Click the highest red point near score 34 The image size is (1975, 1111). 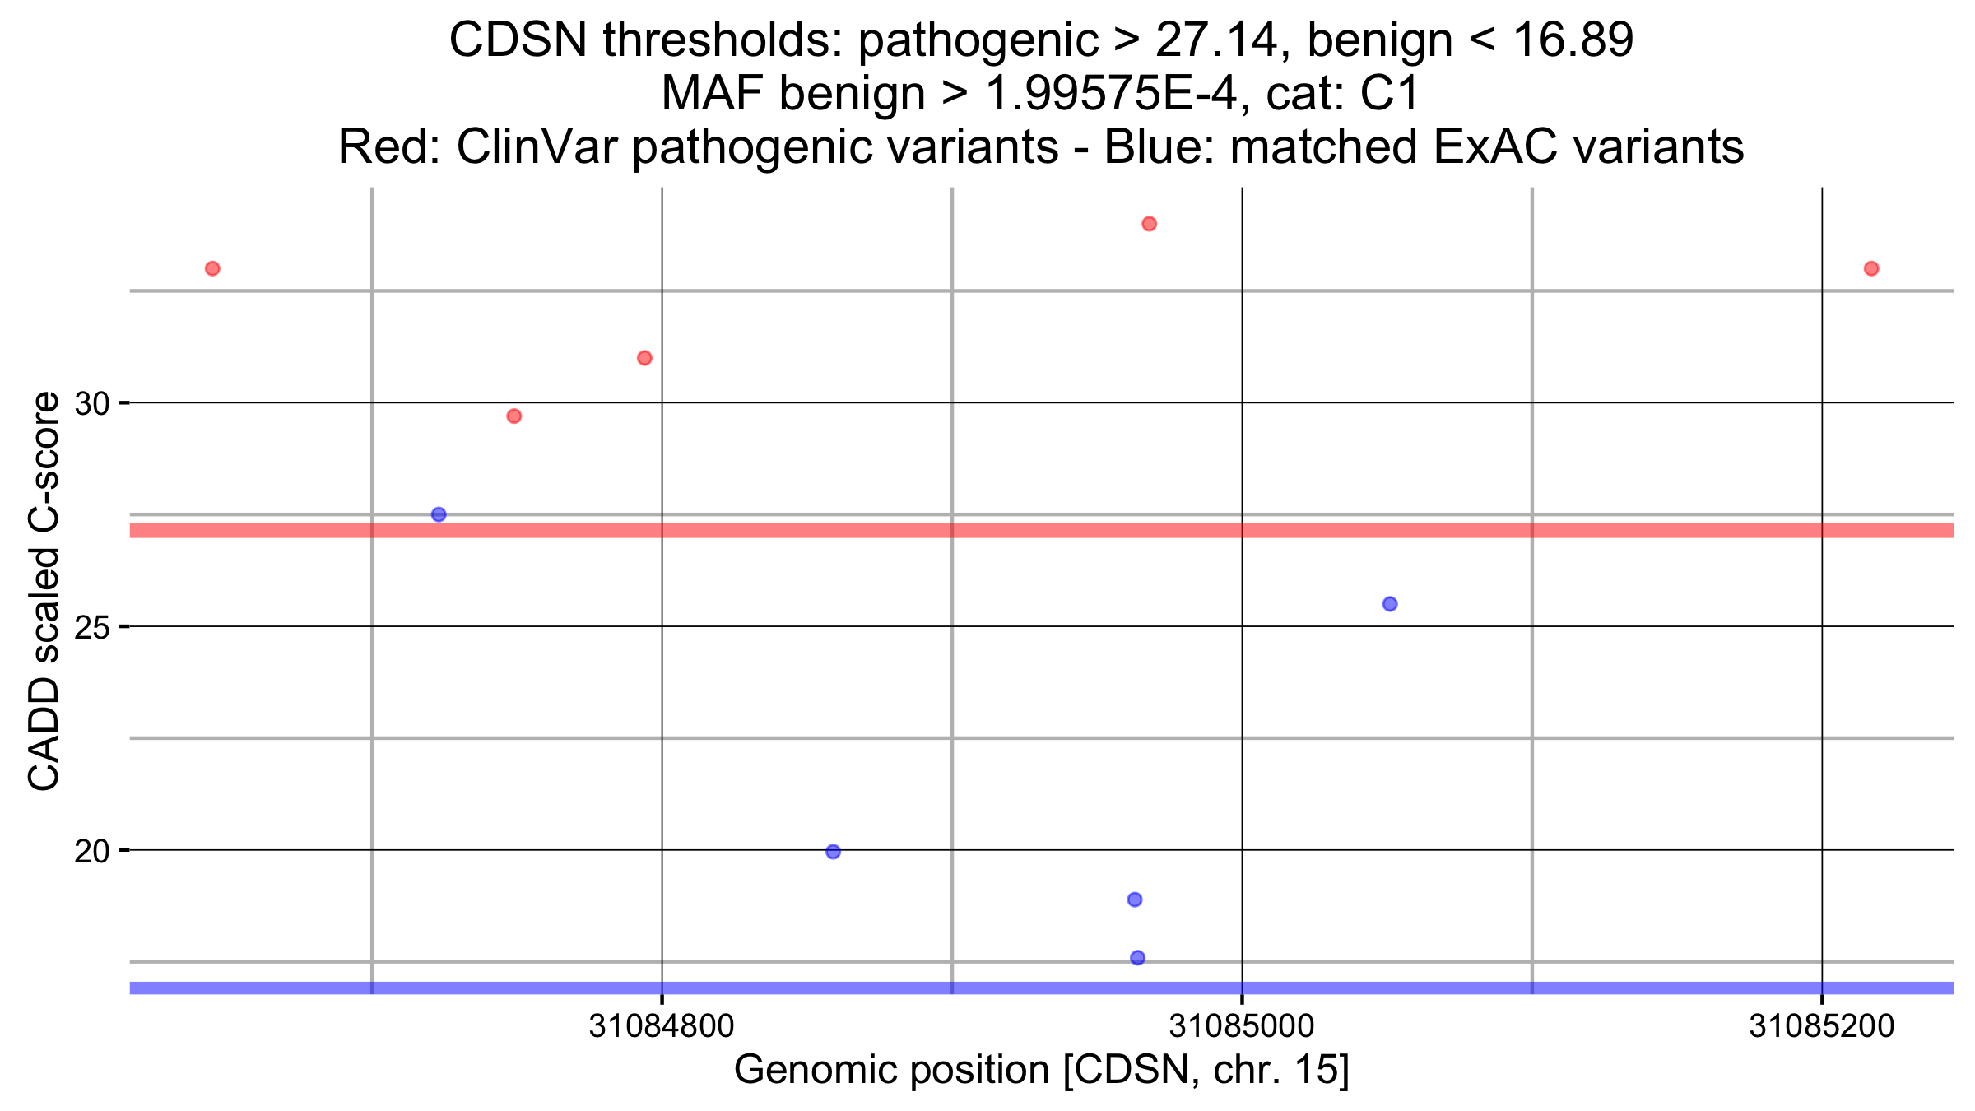tap(1149, 224)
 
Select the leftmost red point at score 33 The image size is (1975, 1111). tap(212, 268)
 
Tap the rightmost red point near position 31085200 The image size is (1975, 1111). tap(1871, 268)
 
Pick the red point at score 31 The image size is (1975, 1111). tap(644, 358)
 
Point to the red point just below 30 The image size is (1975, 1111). tap(514, 416)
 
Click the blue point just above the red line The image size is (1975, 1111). tap(439, 514)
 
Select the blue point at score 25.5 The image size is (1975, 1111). tap(1390, 604)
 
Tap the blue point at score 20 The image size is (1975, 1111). tap(833, 852)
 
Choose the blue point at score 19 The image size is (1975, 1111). tap(1135, 899)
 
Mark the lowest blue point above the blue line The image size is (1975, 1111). tap(1138, 958)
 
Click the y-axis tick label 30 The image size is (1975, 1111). tap(91, 404)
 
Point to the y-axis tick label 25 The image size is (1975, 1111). tap(91, 628)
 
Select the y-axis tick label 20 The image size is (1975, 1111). tap(91, 852)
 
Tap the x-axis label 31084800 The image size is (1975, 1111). tap(662, 1026)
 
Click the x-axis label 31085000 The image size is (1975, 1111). tap(1242, 1026)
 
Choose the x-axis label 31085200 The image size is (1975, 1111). tap(1821, 1026)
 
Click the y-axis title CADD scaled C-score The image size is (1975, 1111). tap(44, 591)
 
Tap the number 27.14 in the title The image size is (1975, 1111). tap(1216, 40)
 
